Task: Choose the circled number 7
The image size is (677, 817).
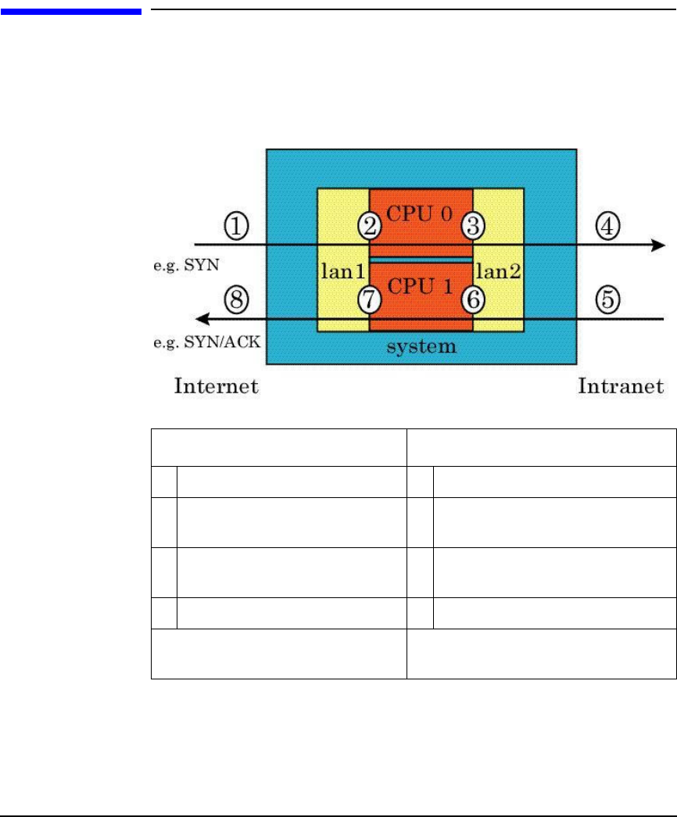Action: click(x=370, y=299)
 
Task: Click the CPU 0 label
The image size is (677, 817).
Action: click(x=421, y=213)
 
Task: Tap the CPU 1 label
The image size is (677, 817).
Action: click(x=421, y=287)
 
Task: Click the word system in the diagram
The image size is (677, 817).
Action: click(x=421, y=346)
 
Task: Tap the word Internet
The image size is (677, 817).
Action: click(x=216, y=385)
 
